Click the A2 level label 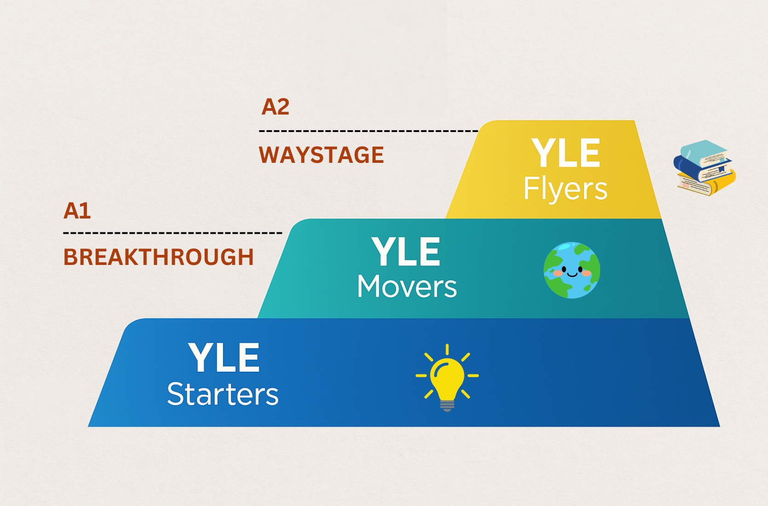[275, 107]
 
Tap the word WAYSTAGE [321, 155]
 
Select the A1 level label [77, 211]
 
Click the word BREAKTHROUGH [158, 257]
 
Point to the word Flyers [565, 189]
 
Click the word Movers [407, 286]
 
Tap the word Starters [223, 394]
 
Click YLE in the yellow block [566, 153]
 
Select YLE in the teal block [406, 252]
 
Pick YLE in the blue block [224, 357]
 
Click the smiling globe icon [572, 270]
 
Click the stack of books [705, 168]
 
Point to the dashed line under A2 [368, 131]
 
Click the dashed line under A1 [173, 233]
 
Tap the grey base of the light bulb [447, 406]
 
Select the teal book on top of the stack [704, 153]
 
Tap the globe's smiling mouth [572, 274]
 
